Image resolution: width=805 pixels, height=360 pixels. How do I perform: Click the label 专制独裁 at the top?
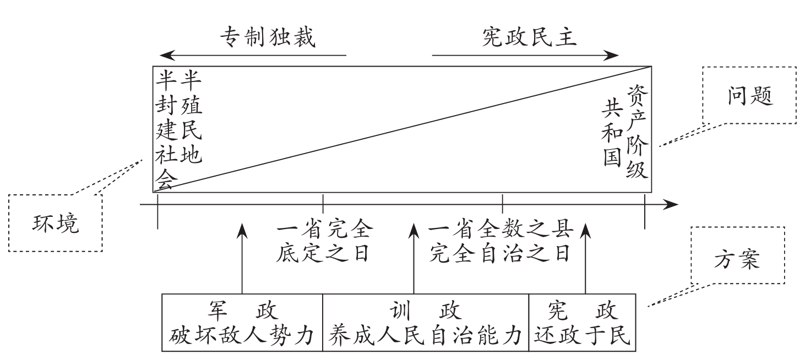click(268, 37)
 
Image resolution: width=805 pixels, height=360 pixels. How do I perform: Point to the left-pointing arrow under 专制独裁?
click(253, 56)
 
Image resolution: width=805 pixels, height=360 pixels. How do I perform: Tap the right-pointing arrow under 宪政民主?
click(526, 56)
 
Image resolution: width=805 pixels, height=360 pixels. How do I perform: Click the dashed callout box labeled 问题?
click(749, 96)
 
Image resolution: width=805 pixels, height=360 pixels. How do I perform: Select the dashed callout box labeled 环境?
click(55, 223)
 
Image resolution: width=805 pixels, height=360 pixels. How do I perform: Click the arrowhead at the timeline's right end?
click(672, 205)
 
